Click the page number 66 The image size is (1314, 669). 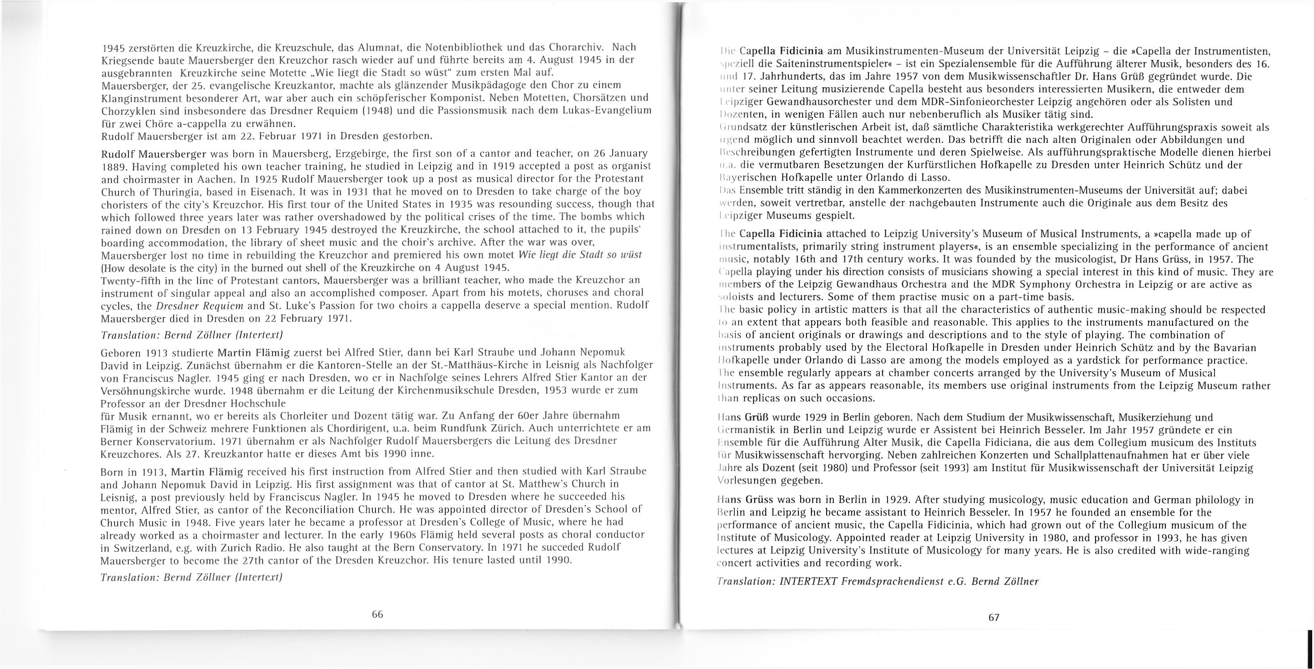377,614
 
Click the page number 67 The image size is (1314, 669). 994,618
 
